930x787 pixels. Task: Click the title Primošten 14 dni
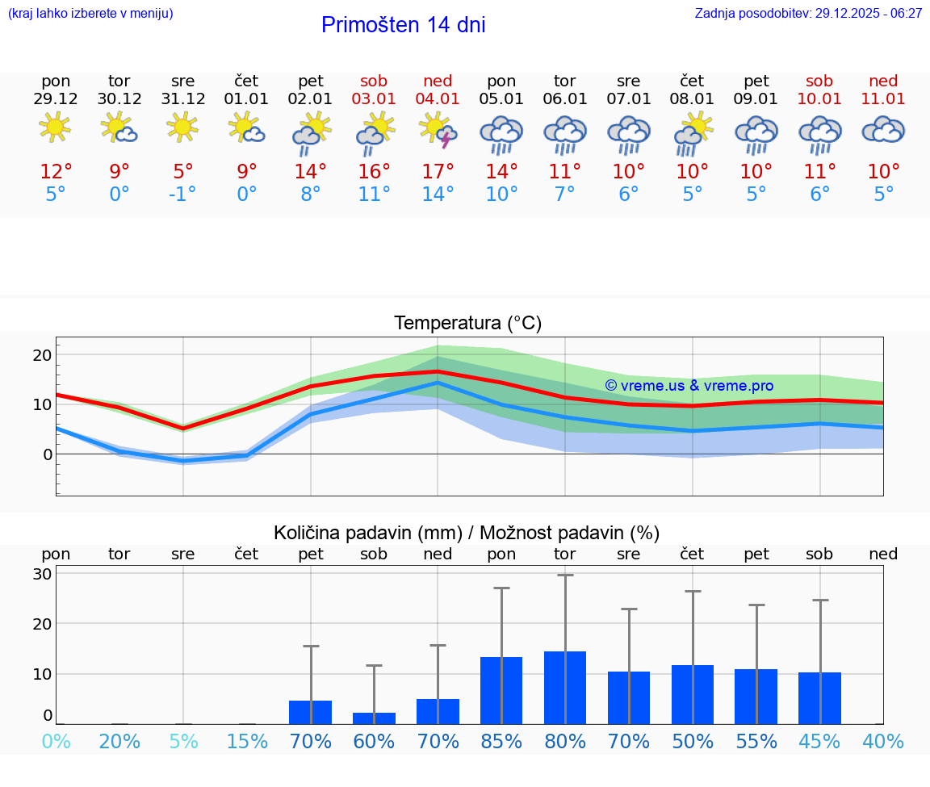tap(403, 25)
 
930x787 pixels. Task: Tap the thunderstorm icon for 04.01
tap(438, 131)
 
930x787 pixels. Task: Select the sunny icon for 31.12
tap(183, 128)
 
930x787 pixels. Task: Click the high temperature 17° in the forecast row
tap(438, 172)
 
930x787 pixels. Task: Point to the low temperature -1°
tap(183, 195)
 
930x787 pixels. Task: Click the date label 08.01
tap(692, 99)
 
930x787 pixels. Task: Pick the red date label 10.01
tap(819, 99)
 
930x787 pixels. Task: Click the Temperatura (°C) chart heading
tap(467, 324)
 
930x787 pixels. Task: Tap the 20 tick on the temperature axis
tap(42, 355)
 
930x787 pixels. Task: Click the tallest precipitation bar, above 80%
tap(565, 687)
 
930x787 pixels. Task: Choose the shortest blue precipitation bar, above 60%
tap(374, 718)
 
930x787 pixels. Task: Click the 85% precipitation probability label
tap(501, 741)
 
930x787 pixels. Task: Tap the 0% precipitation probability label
tap(56, 741)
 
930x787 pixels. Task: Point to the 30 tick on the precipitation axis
tap(42, 574)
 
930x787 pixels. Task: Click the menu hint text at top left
tap(90, 14)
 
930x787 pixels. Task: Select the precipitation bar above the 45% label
tap(819, 697)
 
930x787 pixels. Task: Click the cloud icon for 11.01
tap(883, 129)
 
